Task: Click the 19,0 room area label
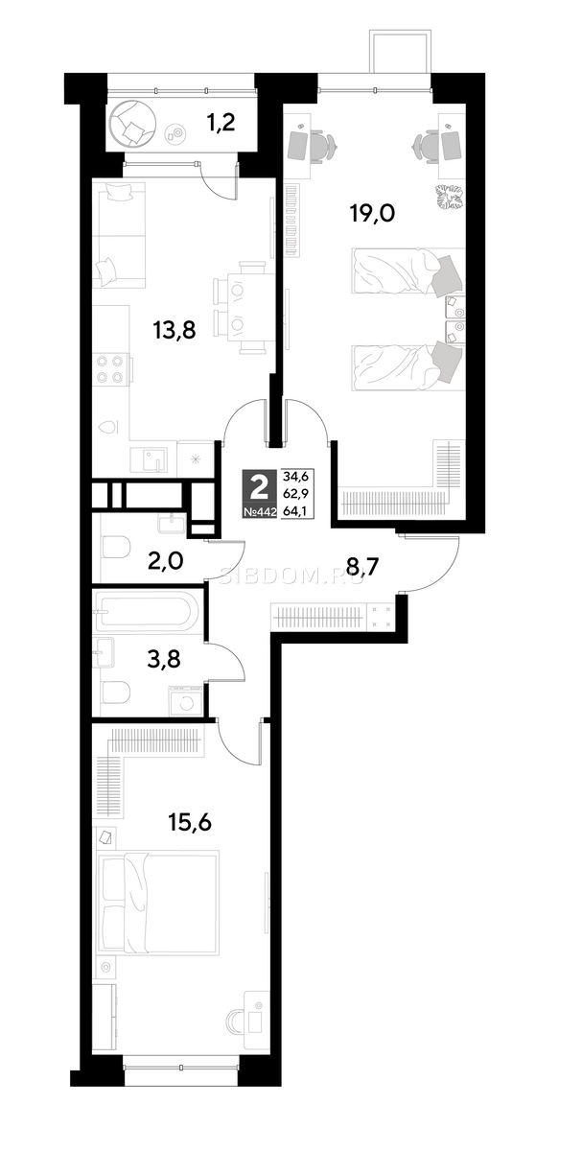(372, 212)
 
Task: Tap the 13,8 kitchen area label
(175, 330)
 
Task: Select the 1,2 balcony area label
(221, 123)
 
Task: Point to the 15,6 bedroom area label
(190, 823)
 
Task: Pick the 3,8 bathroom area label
(163, 658)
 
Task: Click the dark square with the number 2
(262, 487)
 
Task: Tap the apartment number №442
(262, 512)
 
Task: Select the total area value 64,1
(295, 511)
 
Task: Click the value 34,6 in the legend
(295, 477)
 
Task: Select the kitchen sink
(149, 459)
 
